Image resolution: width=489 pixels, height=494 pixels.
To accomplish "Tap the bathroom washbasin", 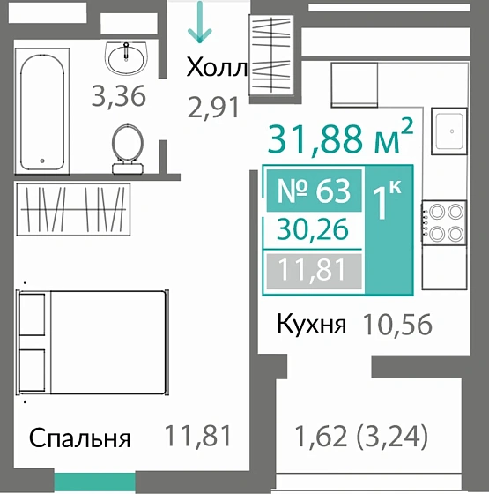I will pyautogui.click(x=129, y=58).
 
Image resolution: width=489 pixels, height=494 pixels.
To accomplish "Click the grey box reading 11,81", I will pyautogui.click(x=313, y=269).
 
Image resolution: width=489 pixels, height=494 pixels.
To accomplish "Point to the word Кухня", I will pyautogui.click(x=310, y=325).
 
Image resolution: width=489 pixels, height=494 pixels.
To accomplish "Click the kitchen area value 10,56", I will pyautogui.click(x=397, y=325).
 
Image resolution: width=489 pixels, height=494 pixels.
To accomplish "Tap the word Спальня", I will pyautogui.click(x=80, y=438).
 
